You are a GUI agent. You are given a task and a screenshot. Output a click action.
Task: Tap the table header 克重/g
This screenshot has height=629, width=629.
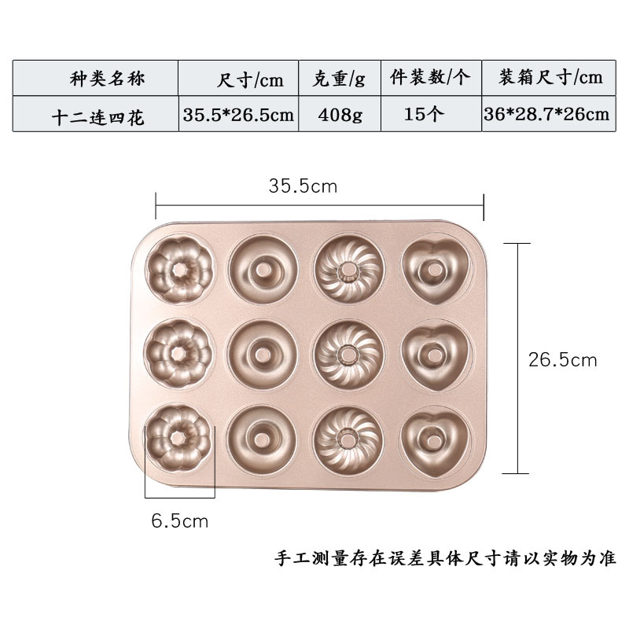click(x=340, y=79)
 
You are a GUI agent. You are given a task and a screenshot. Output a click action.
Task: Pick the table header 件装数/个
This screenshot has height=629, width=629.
click(x=429, y=78)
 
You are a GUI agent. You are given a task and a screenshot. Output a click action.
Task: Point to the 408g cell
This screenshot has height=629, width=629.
click(x=340, y=115)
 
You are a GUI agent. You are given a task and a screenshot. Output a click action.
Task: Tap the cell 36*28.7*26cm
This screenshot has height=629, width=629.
click(x=547, y=115)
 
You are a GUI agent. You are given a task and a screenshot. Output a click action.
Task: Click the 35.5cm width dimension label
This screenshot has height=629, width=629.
click(x=303, y=187)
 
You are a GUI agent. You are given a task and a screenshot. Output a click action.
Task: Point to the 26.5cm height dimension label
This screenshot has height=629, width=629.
click(x=562, y=360)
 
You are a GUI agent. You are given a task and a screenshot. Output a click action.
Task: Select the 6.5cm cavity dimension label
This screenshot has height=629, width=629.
click(x=180, y=521)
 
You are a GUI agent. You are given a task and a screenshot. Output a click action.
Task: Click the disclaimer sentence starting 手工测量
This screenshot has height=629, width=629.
click(x=445, y=559)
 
